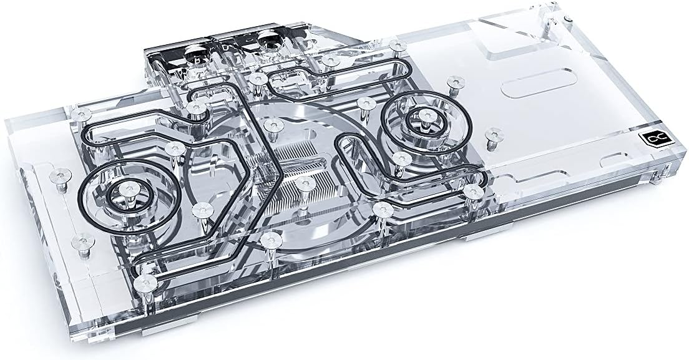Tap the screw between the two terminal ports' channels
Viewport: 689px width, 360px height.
click(257, 78)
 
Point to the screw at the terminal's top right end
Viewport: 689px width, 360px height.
click(395, 45)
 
